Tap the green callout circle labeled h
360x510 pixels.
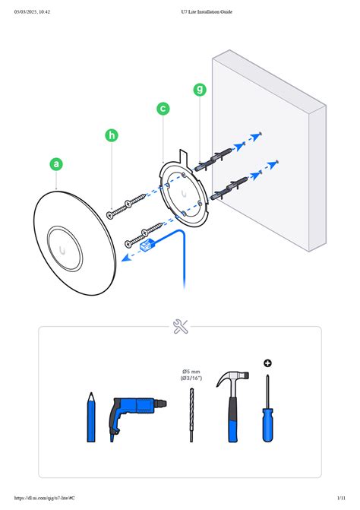(x=112, y=136)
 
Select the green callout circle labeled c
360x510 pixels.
(x=163, y=109)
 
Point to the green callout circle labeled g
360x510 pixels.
(x=200, y=89)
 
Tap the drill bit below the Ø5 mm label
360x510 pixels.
(x=191, y=414)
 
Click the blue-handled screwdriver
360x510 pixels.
(x=267, y=414)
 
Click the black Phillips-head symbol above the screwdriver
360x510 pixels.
(x=267, y=363)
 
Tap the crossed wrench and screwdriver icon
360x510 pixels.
(x=181, y=327)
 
